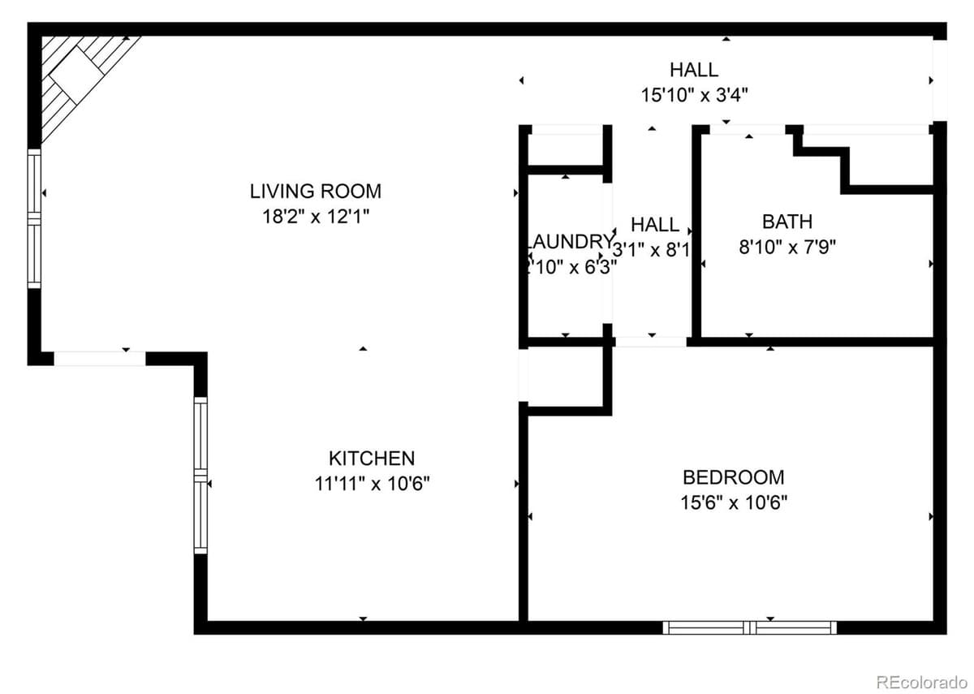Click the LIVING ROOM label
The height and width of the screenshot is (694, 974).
tap(315, 192)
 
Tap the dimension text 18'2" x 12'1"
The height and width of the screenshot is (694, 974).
tap(315, 217)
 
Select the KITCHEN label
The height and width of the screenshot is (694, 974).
tap(372, 458)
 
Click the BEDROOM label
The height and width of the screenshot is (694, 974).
tap(733, 477)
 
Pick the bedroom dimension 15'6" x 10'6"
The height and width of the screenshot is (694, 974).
tap(733, 502)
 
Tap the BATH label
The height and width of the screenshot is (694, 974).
tap(787, 222)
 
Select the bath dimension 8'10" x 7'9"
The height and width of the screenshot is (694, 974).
tap(787, 247)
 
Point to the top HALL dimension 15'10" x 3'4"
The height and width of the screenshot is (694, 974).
tap(693, 95)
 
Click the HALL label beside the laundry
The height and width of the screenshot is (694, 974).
tap(654, 224)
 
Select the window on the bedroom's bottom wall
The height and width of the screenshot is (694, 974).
tap(749, 627)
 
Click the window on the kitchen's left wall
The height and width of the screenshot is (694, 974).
tap(200, 475)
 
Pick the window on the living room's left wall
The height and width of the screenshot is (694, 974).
tap(34, 219)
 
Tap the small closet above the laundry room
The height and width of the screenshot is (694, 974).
tap(566, 148)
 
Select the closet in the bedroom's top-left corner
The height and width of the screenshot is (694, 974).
tap(565, 377)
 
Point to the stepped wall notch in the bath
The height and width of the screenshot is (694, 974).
tap(844, 162)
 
